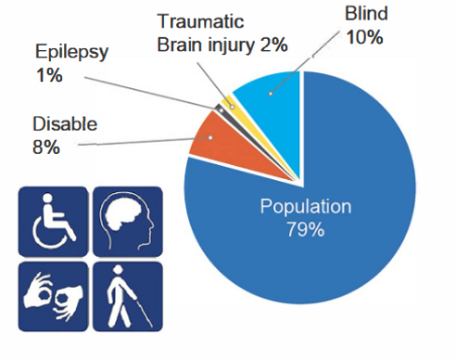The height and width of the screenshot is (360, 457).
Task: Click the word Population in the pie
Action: (305, 208)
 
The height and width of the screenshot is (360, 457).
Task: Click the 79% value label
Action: (305, 229)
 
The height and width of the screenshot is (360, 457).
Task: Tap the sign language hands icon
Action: (53, 296)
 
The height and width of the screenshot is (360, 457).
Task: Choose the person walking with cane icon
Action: (127, 296)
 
